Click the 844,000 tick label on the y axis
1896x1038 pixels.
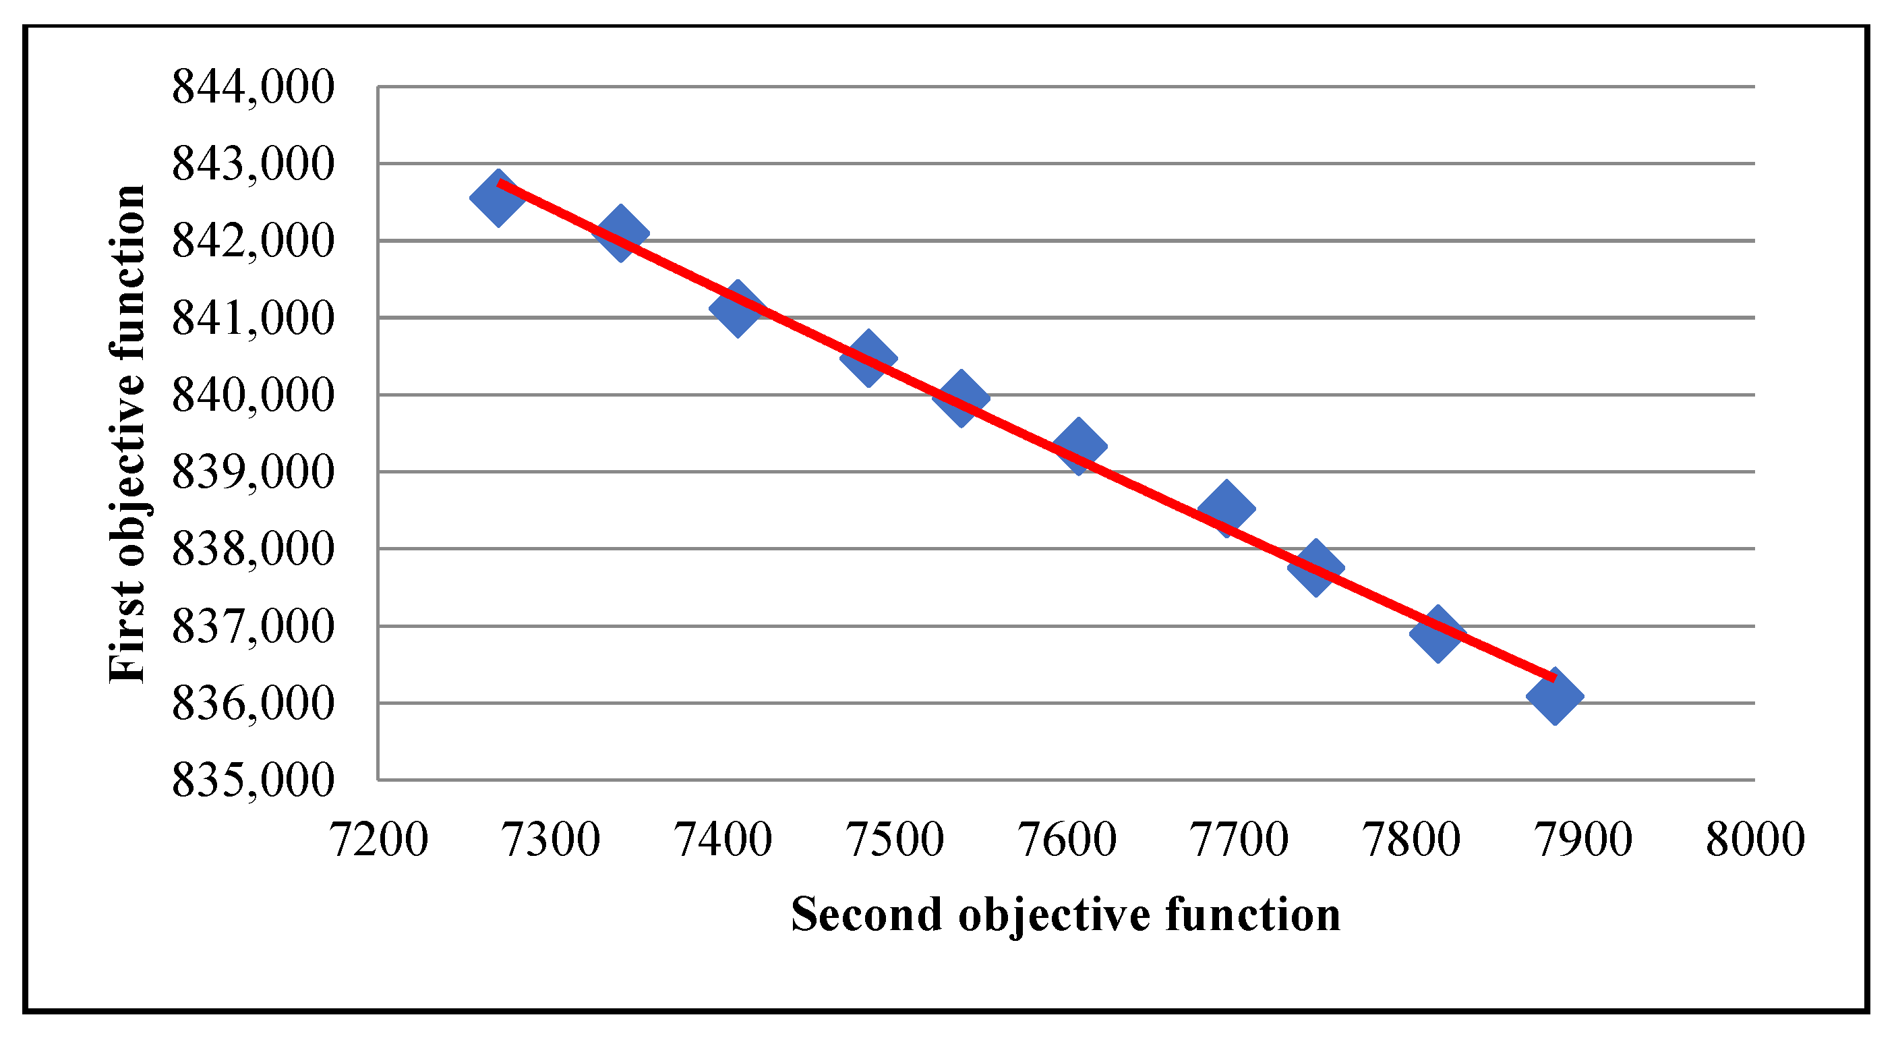pos(252,87)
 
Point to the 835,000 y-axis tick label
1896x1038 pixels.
pos(252,780)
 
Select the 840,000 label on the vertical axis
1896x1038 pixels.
pos(252,395)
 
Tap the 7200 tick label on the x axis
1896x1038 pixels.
pos(379,839)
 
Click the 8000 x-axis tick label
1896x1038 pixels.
pos(1754,839)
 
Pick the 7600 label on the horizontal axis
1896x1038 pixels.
pos(1067,839)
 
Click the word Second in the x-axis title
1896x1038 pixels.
pos(866,915)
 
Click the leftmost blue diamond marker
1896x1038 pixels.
pos(498,198)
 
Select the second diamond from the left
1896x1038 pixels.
pos(620,233)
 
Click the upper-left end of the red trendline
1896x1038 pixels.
pos(500,182)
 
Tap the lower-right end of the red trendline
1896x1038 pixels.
pos(1553,678)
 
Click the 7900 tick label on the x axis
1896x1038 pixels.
pos(1584,839)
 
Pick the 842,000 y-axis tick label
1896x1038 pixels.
pos(252,241)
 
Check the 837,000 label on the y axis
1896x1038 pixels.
pos(252,627)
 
